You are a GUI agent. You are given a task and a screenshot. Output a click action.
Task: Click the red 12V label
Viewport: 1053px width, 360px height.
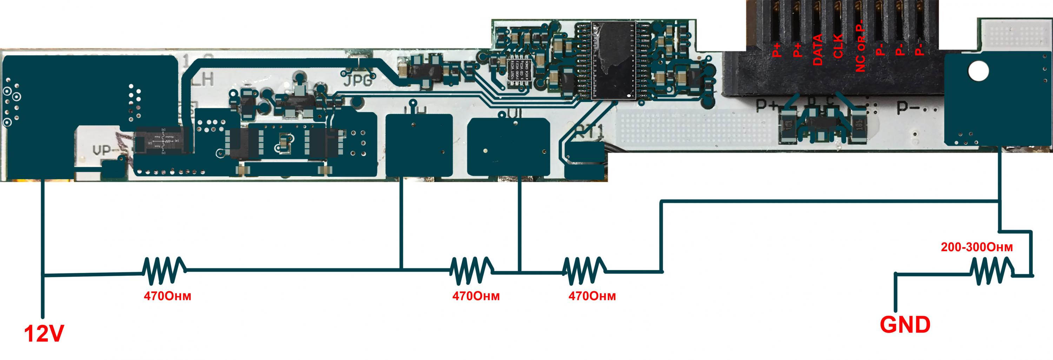[44, 334]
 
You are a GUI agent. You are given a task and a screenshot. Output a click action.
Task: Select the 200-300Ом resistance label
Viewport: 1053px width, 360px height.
[976, 248]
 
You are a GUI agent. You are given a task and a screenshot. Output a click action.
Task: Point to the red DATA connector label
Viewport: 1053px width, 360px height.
[817, 50]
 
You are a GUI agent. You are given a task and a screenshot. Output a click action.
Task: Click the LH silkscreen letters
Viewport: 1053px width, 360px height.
[203, 80]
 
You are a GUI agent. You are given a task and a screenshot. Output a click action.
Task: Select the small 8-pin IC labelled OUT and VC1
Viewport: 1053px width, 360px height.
[519, 72]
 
